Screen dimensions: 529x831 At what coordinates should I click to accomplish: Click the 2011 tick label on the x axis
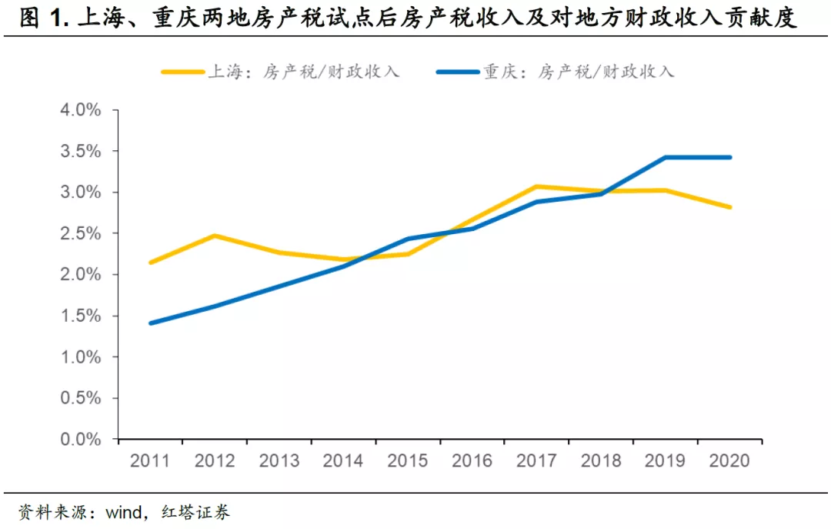(150, 460)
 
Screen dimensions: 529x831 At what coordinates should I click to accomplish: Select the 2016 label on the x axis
(472, 460)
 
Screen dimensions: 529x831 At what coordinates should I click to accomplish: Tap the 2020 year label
(729, 460)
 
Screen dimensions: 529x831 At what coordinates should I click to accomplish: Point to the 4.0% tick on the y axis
(81, 110)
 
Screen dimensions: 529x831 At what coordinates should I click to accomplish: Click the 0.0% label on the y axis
(81, 440)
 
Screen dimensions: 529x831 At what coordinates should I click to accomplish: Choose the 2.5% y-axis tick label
(81, 233)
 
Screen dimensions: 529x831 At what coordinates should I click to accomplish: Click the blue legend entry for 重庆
(555, 72)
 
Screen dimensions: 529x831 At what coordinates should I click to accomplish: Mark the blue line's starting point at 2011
(151, 323)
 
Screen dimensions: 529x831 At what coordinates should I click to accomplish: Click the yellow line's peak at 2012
(215, 236)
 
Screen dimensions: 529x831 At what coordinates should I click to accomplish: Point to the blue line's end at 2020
(729, 157)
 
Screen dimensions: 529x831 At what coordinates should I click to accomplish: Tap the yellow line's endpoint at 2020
(729, 207)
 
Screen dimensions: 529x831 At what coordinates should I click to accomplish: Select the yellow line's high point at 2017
(536, 186)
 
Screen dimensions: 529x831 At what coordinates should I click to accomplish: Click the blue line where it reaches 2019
(665, 157)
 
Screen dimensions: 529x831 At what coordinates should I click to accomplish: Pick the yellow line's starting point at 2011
(151, 263)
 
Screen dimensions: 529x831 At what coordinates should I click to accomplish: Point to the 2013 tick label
(279, 460)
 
